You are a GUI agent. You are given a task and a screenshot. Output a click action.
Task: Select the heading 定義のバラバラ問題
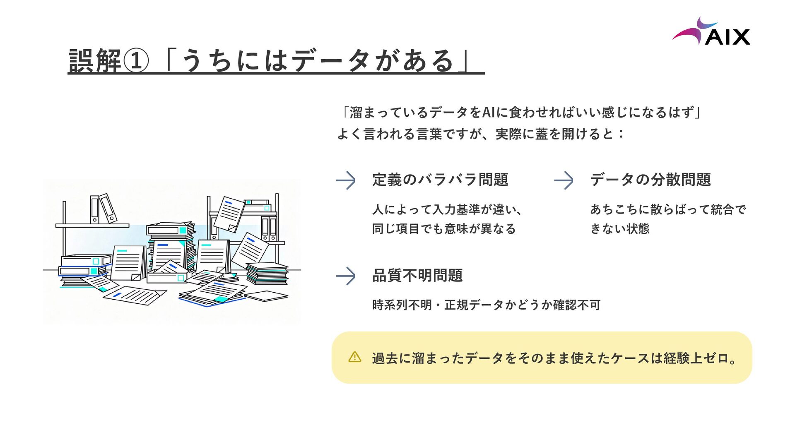pyautogui.click(x=440, y=180)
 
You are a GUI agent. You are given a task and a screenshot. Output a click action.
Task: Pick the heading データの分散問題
pyautogui.click(x=650, y=180)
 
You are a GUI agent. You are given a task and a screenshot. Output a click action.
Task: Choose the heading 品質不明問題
pyautogui.click(x=417, y=276)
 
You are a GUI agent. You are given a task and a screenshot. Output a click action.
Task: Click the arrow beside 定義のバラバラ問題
pyautogui.click(x=346, y=180)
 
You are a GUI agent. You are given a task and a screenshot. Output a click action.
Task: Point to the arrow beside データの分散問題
pyautogui.click(x=564, y=180)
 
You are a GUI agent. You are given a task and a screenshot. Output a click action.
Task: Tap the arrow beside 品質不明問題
pyautogui.click(x=346, y=276)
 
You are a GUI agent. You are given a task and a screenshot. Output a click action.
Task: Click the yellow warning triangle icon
pyautogui.click(x=355, y=357)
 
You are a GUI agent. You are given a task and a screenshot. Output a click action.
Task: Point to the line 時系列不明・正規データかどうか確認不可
pyautogui.click(x=486, y=305)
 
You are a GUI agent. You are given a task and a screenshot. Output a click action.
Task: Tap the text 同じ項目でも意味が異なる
pyautogui.click(x=443, y=229)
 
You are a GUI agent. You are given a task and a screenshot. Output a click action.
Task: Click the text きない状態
pyautogui.click(x=619, y=229)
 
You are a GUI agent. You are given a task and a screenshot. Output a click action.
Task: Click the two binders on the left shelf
pyautogui.click(x=103, y=209)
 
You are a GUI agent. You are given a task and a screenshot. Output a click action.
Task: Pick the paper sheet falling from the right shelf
pyautogui.click(x=229, y=214)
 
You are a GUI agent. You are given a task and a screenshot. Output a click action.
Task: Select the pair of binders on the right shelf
pyautogui.click(x=269, y=228)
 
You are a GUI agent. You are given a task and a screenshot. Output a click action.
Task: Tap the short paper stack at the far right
pyautogui.click(x=267, y=273)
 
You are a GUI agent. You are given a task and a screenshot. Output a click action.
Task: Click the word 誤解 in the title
pyautogui.click(x=94, y=61)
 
